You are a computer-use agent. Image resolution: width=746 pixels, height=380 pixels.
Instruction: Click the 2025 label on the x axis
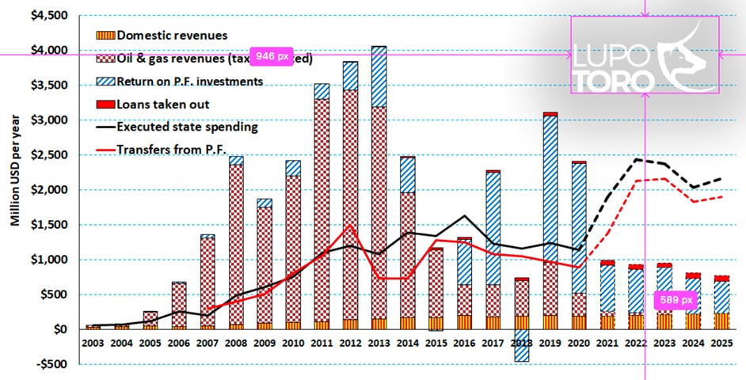pos(722,343)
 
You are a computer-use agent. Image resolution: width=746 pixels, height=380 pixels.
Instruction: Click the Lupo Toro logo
pos(645,55)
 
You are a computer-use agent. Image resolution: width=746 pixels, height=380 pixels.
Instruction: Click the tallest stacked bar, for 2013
pos(380,190)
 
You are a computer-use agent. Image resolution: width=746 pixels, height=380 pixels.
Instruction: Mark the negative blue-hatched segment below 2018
pos(522,349)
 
